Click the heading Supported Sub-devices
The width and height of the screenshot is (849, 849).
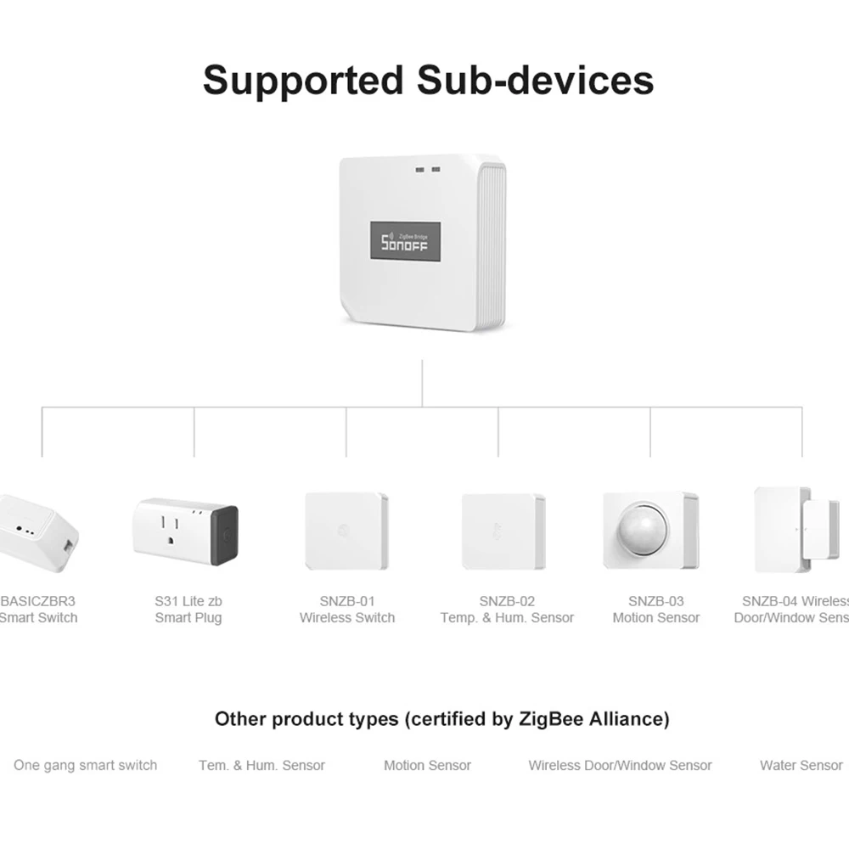click(x=428, y=80)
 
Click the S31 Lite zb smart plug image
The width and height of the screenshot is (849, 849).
click(x=185, y=532)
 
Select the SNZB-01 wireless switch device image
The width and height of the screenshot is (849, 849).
click(x=346, y=531)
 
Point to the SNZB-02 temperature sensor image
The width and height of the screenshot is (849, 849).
click(x=503, y=532)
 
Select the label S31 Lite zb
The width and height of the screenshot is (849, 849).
click(x=188, y=601)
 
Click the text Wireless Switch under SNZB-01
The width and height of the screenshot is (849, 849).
click(x=347, y=618)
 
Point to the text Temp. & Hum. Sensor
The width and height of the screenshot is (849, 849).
click(x=507, y=618)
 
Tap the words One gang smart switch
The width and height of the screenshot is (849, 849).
click(x=85, y=765)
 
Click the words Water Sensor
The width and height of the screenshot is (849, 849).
click(x=801, y=765)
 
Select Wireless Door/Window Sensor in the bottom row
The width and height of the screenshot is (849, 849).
click(x=620, y=765)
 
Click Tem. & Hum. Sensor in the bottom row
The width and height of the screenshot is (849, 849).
click(x=261, y=765)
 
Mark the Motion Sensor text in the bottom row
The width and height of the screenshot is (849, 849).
click(x=427, y=765)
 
